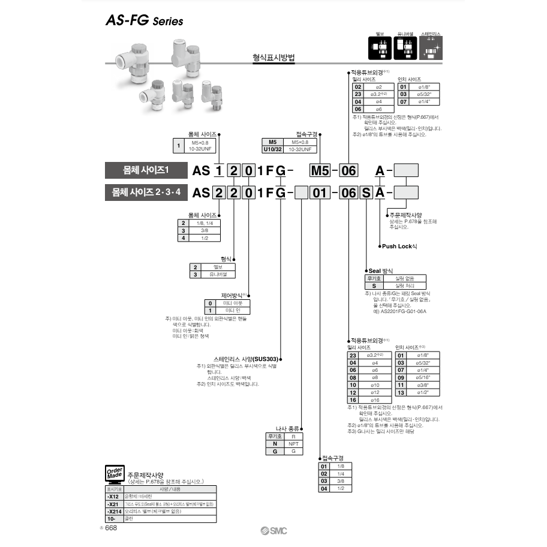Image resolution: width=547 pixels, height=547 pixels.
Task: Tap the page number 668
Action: point(112,528)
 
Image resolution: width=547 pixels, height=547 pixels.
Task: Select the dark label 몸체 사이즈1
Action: point(146,171)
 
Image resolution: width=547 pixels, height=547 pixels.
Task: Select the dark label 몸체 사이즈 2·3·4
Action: point(146,193)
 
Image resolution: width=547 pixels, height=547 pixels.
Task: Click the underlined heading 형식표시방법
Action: point(275,59)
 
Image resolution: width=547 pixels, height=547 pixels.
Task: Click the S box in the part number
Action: point(365,193)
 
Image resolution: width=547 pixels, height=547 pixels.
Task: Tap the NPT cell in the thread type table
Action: point(293,444)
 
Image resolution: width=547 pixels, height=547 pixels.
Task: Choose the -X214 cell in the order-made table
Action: point(113,511)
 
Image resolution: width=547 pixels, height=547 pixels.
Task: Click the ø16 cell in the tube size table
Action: point(375,399)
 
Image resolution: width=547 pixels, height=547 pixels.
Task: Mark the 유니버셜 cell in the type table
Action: point(218,274)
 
